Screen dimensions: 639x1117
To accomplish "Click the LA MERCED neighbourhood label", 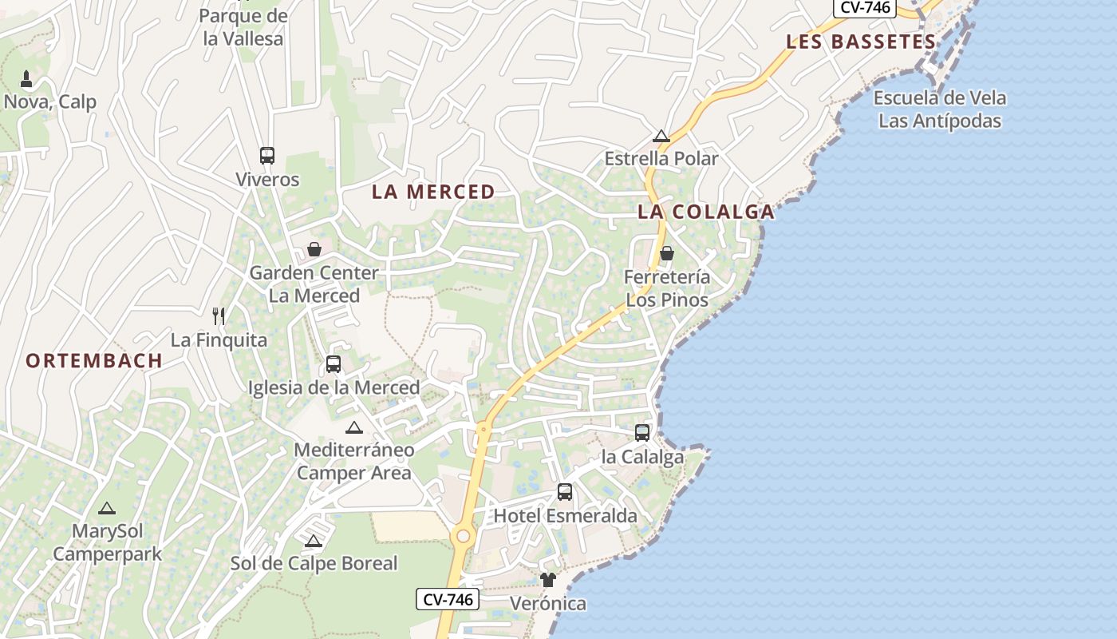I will pyautogui.click(x=433, y=192).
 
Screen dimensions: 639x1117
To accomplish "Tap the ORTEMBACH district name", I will pyautogui.click(x=94, y=360).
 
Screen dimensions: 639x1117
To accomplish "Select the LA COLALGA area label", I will pyautogui.click(x=706, y=212).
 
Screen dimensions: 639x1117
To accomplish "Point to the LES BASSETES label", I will pyautogui.click(x=861, y=42).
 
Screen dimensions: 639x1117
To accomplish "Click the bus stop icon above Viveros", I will pyautogui.click(x=267, y=156).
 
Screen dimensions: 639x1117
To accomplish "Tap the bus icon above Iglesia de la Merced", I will pyautogui.click(x=334, y=364).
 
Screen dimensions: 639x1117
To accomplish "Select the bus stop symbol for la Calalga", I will pyautogui.click(x=642, y=433).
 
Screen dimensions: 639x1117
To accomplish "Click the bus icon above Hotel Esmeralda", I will pyautogui.click(x=565, y=492).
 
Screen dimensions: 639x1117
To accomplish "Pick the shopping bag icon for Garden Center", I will pyautogui.click(x=314, y=249).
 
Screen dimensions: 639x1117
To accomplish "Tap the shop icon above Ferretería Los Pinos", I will pyautogui.click(x=667, y=254).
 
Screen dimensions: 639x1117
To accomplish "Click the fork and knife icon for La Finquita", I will pyautogui.click(x=219, y=316).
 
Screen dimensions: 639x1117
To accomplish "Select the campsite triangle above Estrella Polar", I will pyautogui.click(x=661, y=136).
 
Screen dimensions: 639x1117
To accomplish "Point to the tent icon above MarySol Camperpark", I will pyautogui.click(x=107, y=508).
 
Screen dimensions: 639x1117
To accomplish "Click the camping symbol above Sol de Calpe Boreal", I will pyautogui.click(x=314, y=541).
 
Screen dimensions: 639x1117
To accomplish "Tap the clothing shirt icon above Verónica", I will pyautogui.click(x=547, y=580).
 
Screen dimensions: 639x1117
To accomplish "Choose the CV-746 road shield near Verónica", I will pyautogui.click(x=448, y=599).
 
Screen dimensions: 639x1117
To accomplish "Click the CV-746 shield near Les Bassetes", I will pyautogui.click(x=865, y=7).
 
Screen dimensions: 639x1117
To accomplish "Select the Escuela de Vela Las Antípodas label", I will pyautogui.click(x=940, y=109).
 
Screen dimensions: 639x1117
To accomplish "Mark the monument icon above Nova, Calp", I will pyautogui.click(x=26, y=78).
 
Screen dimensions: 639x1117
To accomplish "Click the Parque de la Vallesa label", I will pyautogui.click(x=243, y=27).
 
